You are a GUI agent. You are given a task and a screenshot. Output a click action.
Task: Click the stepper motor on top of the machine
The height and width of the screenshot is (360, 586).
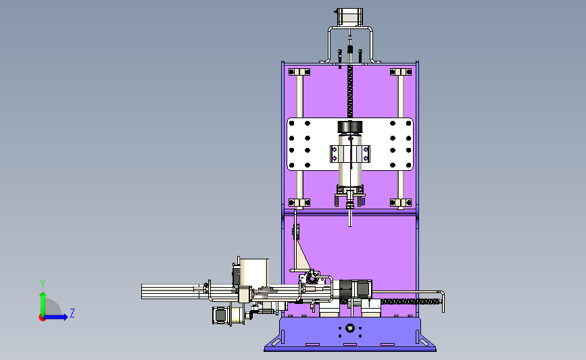pyautogui.click(x=350, y=17)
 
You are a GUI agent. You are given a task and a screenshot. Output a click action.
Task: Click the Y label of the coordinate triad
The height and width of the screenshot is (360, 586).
pyautogui.click(x=43, y=284)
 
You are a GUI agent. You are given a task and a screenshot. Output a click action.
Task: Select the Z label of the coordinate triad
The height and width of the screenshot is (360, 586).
pyautogui.click(x=72, y=313)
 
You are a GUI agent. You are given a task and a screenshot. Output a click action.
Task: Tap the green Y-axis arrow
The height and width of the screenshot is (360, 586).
pyautogui.click(x=43, y=304)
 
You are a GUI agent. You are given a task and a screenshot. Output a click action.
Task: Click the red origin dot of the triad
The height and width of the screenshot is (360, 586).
pyautogui.click(x=42, y=317)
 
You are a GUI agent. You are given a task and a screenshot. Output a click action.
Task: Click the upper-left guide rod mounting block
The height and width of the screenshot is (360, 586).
pyautogui.click(x=299, y=72)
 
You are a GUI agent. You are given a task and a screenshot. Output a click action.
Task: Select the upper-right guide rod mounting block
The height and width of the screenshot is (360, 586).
pyautogui.click(x=401, y=72)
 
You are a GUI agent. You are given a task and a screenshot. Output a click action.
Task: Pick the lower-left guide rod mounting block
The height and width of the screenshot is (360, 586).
pyautogui.click(x=299, y=203)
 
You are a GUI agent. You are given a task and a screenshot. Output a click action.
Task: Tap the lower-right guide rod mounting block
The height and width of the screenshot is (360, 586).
pyautogui.click(x=401, y=203)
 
